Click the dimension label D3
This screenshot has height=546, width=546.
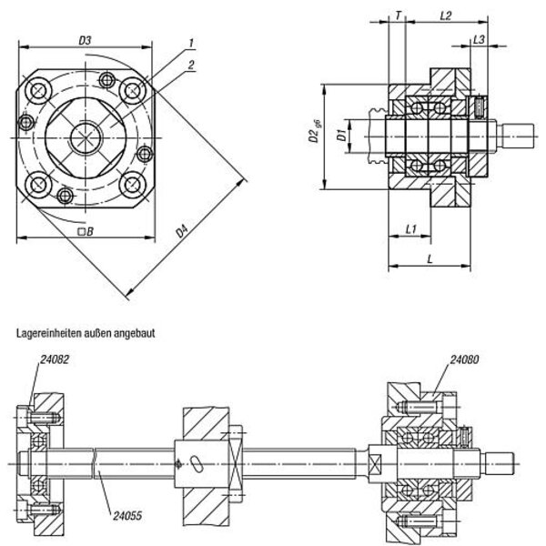(x=84, y=40)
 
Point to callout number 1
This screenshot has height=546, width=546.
(x=193, y=43)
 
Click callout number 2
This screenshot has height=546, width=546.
(x=193, y=64)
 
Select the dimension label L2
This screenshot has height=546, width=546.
(x=445, y=15)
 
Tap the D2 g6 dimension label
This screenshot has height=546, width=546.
(x=313, y=137)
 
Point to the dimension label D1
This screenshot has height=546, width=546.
(x=341, y=137)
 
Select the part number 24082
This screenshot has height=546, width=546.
(x=54, y=359)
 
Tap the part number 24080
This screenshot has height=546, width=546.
(x=465, y=359)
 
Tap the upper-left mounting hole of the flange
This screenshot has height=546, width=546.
(x=39, y=92)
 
